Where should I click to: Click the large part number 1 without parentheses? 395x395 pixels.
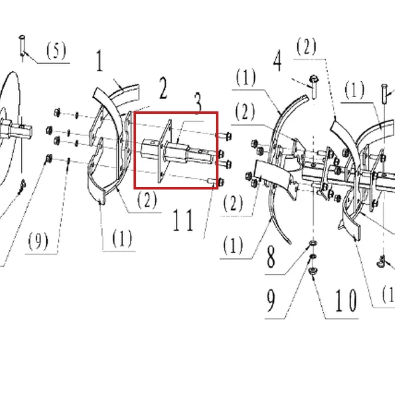click(100, 61)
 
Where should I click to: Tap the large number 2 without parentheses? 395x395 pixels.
click(163, 89)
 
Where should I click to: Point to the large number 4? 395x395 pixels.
click(277, 61)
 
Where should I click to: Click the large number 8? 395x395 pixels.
click(271, 257)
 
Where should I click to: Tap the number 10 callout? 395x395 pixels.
click(346, 300)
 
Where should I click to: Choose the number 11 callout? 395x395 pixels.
click(183, 220)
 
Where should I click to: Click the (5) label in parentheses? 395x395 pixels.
click(56, 50)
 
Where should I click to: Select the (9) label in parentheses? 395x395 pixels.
click(38, 241)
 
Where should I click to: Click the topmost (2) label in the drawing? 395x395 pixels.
click(306, 46)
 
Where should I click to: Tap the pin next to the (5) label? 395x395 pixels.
click(22, 46)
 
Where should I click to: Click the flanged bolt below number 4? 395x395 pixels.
click(314, 86)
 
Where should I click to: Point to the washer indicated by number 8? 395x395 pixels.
click(314, 244)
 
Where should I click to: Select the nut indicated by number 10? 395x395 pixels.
click(313, 271)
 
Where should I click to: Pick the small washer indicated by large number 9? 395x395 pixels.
click(313, 256)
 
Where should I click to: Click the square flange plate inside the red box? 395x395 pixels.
click(165, 151)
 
